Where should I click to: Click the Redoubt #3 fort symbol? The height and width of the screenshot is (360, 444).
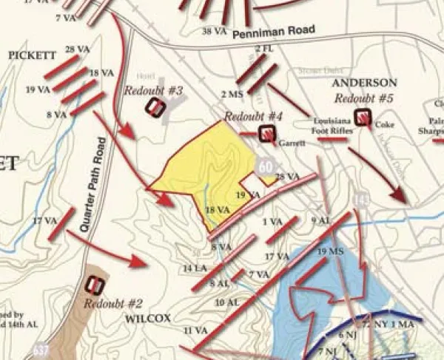(154, 107)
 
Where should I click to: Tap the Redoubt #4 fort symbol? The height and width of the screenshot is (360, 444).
(266, 134)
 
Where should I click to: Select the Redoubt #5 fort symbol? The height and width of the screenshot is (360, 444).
(363, 116)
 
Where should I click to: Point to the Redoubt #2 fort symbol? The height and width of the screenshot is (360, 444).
(95, 285)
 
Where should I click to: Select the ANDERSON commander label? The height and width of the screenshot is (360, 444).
(364, 82)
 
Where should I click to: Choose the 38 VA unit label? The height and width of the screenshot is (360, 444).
(215, 31)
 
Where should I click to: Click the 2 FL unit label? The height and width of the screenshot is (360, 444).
(264, 49)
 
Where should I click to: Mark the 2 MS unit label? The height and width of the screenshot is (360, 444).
(232, 94)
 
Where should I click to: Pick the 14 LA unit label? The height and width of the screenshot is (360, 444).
(194, 268)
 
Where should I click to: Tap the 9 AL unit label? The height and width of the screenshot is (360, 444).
(321, 220)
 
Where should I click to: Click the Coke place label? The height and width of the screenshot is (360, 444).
(384, 125)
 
